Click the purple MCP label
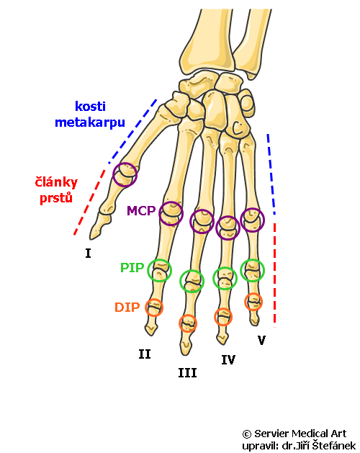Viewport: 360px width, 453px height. (x=141, y=210)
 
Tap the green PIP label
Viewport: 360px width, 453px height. (x=132, y=267)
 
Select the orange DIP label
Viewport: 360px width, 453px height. (x=127, y=307)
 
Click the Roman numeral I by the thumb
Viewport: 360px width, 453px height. (x=88, y=254)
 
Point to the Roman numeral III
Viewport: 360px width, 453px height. (x=187, y=373)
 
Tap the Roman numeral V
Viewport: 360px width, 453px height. (x=261, y=340)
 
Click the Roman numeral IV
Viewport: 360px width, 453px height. (x=228, y=360)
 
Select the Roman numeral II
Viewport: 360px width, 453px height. (x=145, y=354)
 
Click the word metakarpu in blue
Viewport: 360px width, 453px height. (x=90, y=122)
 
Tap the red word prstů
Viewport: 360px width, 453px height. (x=55, y=199)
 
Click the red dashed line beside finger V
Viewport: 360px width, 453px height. (x=274, y=275)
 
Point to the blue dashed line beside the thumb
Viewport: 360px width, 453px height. (x=133, y=132)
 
